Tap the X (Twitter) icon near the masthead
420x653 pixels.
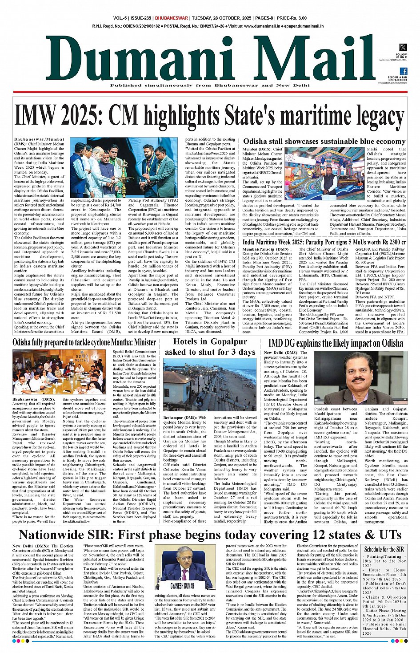click(403, 47)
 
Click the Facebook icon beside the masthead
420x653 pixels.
click(403, 71)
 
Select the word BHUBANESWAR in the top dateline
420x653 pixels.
click(172, 18)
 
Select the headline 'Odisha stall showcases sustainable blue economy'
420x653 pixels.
click(324, 142)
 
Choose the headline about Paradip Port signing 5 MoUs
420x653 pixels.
click(324, 243)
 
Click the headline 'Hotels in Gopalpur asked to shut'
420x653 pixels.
click(210, 347)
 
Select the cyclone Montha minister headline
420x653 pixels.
click(84, 342)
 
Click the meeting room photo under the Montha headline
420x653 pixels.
click(60, 371)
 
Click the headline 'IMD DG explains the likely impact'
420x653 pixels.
click(336, 343)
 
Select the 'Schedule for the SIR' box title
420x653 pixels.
click(384, 549)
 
